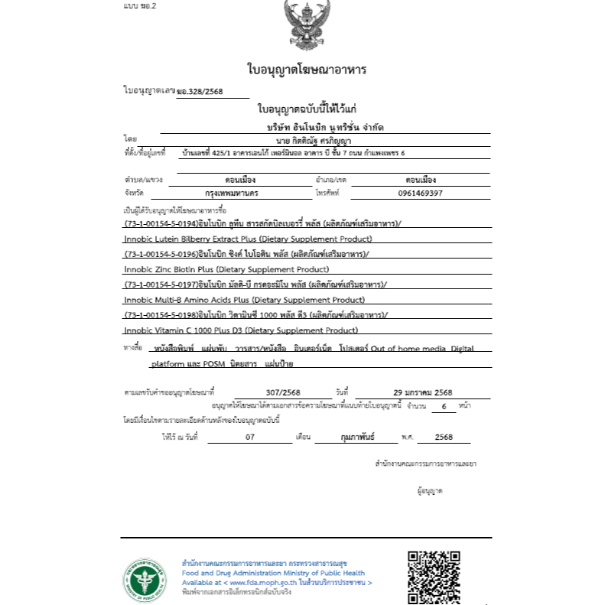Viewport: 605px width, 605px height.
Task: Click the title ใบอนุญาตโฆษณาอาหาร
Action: pos(307,70)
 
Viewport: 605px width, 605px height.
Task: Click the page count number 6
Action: pos(443,406)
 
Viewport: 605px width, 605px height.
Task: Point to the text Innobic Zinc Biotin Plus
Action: pos(168,269)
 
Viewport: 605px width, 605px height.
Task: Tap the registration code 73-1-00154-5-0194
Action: pos(160,223)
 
